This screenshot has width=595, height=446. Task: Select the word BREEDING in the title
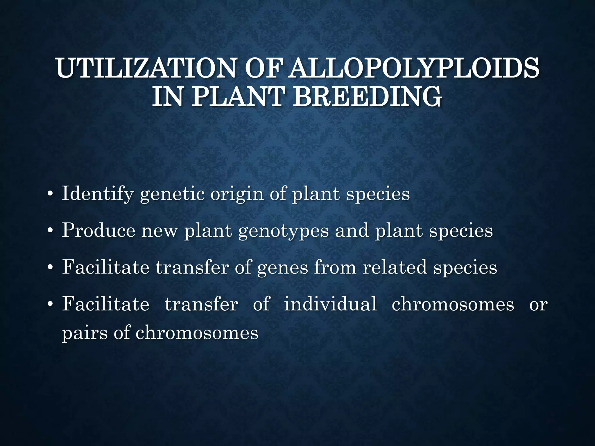(x=367, y=96)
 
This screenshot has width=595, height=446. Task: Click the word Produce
(x=98, y=231)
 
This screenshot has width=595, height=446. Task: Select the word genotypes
(x=284, y=231)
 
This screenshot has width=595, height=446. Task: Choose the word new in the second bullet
(x=159, y=231)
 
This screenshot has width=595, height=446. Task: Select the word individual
(x=330, y=304)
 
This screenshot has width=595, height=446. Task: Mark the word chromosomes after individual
(x=453, y=304)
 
